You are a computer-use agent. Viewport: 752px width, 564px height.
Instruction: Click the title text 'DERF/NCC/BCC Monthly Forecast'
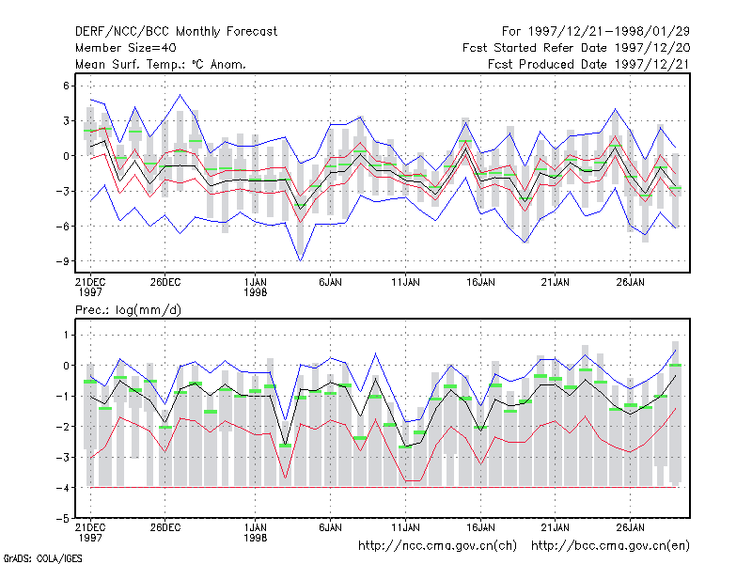[x=176, y=32]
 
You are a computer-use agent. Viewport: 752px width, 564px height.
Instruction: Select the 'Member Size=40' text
[x=126, y=48]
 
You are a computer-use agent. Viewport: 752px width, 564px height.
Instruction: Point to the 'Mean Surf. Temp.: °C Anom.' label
[x=161, y=64]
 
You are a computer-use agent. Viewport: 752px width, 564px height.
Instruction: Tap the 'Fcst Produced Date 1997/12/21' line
[x=588, y=64]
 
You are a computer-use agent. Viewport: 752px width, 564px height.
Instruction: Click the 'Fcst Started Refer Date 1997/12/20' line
[x=576, y=48]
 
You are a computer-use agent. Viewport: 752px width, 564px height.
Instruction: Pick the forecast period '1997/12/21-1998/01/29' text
[x=609, y=32]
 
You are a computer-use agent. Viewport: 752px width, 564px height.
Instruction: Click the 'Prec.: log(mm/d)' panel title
[x=128, y=310]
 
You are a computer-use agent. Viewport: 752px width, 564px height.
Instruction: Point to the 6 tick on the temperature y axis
[x=66, y=86]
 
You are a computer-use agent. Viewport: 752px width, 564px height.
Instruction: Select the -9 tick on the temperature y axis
[x=62, y=261]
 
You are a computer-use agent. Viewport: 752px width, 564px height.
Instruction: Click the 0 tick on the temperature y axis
[x=66, y=156]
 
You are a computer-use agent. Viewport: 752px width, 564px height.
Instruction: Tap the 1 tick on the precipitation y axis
[x=66, y=335]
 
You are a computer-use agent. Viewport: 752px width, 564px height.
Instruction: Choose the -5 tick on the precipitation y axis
[x=62, y=519]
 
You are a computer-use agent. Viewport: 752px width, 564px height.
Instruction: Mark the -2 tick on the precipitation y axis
[x=62, y=427]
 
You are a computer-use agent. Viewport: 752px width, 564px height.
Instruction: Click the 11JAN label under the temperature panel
[x=405, y=282]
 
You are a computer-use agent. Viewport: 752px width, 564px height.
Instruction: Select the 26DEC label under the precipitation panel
[x=165, y=527]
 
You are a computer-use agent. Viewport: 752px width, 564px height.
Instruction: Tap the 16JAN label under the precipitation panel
[x=480, y=527]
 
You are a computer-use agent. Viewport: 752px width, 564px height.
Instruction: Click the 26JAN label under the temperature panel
[x=630, y=282]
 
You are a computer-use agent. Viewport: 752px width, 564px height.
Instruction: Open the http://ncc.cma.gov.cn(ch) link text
[x=437, y=546]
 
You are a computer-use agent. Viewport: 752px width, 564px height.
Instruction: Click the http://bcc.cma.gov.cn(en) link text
[x=610, y=546]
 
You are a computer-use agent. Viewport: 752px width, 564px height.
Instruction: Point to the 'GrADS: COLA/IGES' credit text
[x=42, y=558]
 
